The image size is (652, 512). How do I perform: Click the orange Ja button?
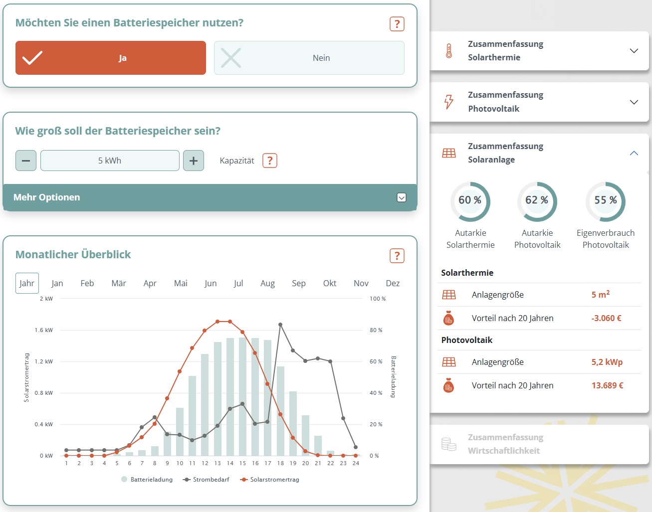tap(110, 58)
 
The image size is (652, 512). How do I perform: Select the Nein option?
tap(309, 58)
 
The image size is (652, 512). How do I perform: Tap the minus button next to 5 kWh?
tap(26, 161)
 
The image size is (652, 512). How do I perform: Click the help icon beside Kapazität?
tap(270, 161)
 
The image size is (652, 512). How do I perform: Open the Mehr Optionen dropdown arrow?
tap(402, 197)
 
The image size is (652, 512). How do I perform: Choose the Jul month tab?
tap(238, 283)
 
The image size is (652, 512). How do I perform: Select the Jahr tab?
tap(27, 283)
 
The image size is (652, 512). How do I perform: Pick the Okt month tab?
tap(329, 283)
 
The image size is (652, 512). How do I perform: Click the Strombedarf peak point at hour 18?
tap(280, 325)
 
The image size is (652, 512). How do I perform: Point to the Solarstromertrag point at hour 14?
tap(230, 322)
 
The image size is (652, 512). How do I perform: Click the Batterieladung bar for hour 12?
tap(205, 405)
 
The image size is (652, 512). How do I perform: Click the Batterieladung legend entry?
tap(147, 479)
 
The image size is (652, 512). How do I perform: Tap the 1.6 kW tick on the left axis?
tap(44, 330)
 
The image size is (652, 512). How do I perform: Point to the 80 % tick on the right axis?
tap(376, 330)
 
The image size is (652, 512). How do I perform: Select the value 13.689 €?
tap(607, 385)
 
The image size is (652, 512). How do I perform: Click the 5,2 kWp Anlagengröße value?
tap(607, 362)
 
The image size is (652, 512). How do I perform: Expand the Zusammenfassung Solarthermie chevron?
tap(634, 51)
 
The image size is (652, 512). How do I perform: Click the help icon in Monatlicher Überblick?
tap(397, 256)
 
